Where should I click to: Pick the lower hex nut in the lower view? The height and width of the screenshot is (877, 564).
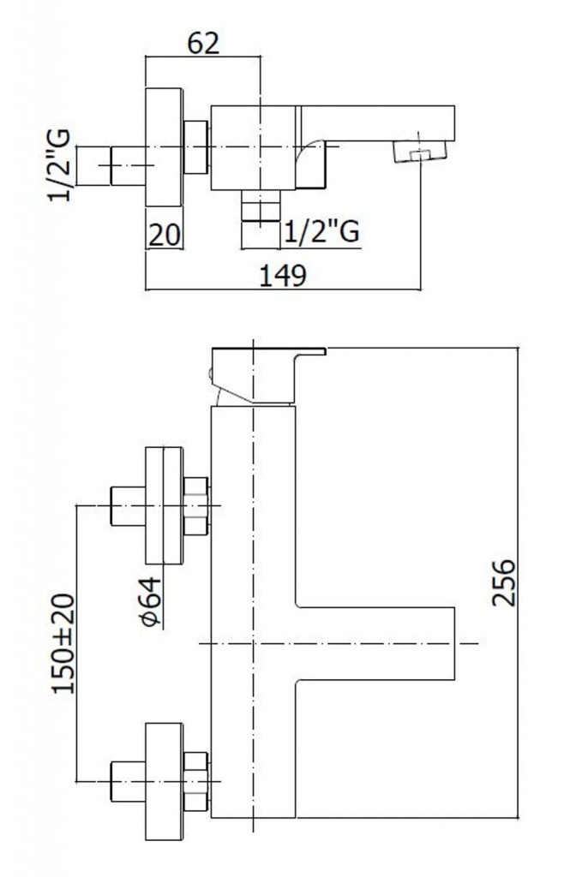click(197, 780)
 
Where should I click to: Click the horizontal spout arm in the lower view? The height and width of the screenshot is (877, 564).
click(373, 642)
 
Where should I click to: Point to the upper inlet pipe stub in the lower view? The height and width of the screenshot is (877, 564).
click(129, 506)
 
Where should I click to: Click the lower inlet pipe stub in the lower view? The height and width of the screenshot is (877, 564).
click(129, 780)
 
